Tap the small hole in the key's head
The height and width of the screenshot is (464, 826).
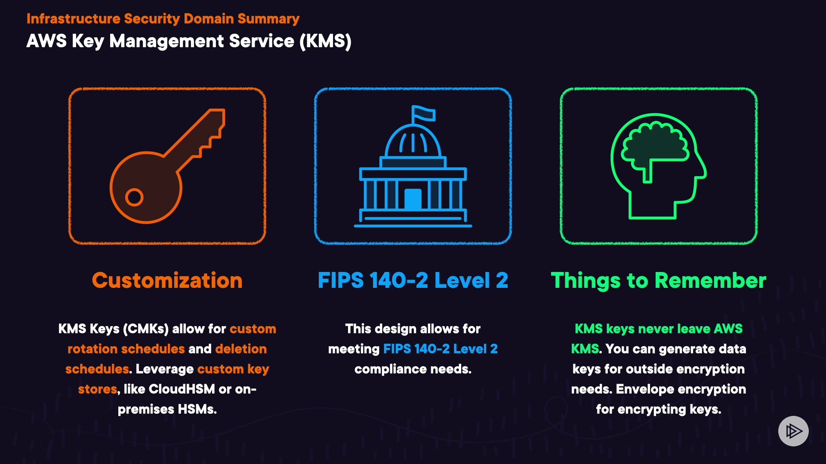coord(134,197)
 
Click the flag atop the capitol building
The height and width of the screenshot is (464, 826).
coord(423,113)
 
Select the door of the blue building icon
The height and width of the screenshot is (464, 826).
coord(413,199)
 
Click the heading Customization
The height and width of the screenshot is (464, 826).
coord(167,281)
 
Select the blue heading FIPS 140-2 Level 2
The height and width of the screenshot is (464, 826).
coord(413,281)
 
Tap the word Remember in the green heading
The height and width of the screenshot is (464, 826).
coord(710,281)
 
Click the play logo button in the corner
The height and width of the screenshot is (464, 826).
coord(793,431)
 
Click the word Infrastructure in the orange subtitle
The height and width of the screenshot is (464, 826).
coord(73,19)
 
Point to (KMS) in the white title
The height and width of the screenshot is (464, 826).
coord(326,41)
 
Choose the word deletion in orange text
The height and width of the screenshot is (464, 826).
coord(241,349)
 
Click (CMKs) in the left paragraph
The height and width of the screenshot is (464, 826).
coord(146,329)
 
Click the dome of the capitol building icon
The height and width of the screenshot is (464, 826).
coord(413,142)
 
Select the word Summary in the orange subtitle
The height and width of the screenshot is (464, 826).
coord(268,19)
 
